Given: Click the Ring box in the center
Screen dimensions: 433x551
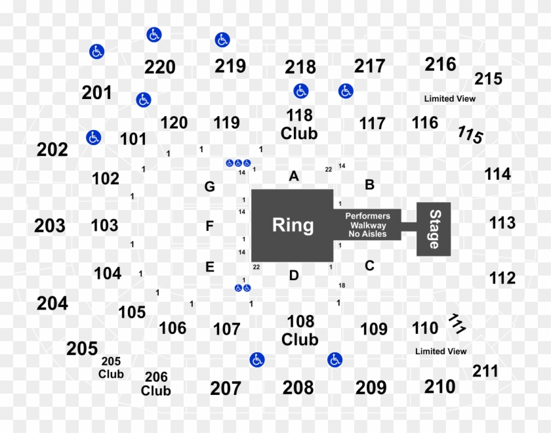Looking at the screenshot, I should tap(293, 225).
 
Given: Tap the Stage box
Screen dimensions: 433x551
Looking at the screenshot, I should tap(434, 229).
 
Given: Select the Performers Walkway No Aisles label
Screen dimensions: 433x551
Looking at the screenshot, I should tap(367, 224).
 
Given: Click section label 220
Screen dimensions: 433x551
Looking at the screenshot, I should tap(160, 67).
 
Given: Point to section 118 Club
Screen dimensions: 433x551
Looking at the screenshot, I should tap(299, 124).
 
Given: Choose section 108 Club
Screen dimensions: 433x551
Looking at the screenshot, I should tap(300, 330).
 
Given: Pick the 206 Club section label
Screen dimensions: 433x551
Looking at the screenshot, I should tap(156, 384).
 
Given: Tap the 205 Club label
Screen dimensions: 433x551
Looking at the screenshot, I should tap(111, 367).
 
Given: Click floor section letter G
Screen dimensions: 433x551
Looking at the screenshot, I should tap(209, 187).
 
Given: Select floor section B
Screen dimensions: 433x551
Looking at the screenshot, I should tap(369, 185).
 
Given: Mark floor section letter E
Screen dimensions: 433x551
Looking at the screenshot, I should tap(209, 267).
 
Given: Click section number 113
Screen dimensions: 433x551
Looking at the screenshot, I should tap(502, 223).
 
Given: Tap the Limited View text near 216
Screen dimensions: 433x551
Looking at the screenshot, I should tap(449, 98).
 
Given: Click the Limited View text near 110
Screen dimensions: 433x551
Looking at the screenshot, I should tap(441, 351).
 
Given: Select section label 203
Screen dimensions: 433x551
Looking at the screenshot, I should tap(50, 226).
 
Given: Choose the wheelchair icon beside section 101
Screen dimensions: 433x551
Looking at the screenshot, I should tap(94, 137).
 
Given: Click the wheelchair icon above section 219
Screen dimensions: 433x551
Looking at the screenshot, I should tap(222, 40).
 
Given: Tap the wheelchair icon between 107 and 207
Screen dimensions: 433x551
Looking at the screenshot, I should tap(257, 360).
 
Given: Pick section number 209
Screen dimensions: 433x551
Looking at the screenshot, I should tap(371, 388).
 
